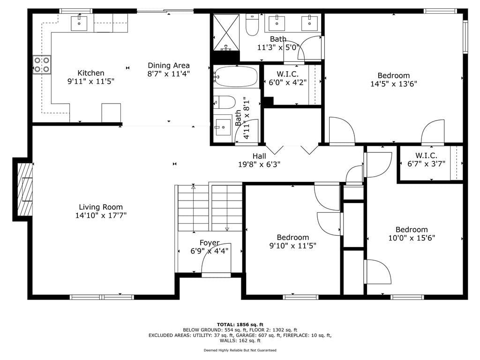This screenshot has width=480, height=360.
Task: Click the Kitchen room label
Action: tap(91, 73)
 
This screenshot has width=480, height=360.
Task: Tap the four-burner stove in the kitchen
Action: tap(42, 65)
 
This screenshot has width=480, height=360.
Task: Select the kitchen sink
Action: tap(79, 23)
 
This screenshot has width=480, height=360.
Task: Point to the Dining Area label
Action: tap(169, 66)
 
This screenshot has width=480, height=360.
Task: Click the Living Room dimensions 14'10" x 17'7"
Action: tap(101, 216)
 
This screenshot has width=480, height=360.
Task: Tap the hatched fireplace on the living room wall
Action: tap(25, 189)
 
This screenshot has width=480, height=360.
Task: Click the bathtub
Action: tap(236, 76)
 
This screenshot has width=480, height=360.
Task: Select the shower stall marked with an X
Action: tap(226, 32)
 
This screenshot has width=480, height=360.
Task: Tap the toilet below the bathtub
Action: tap(225, 102)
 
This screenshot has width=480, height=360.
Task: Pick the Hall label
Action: tap(259, 156)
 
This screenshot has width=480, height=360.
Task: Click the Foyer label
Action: tap(210, 243)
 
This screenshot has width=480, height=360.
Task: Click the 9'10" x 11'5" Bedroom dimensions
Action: tap(292, 246)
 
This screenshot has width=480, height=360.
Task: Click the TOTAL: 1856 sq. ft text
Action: tap(240, 324)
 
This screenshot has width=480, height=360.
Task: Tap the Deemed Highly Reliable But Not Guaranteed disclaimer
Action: tap(240, 350)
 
